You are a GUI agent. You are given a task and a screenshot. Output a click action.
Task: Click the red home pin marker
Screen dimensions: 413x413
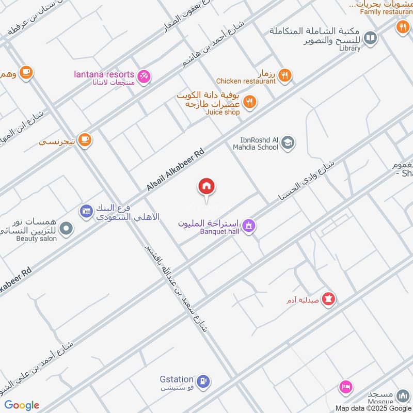click(x=207, y=186)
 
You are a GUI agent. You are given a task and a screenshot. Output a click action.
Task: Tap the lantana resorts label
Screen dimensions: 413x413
click(x=103, y=75)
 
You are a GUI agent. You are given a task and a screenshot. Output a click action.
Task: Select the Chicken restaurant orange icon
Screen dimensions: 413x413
click(x=284, y=76)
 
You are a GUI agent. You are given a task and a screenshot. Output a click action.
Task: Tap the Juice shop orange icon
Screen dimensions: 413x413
click(x=250, y=102)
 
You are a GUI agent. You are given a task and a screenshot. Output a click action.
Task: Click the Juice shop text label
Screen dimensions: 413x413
click(x=223, y=112)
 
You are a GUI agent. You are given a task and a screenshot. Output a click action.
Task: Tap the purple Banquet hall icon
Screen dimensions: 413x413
click(x=249, y=226)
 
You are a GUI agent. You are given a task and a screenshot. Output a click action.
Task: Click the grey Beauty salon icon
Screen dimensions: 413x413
click(x=66, y=228)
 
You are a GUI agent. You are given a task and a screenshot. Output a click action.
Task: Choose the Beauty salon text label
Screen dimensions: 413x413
click(x=36, y=238)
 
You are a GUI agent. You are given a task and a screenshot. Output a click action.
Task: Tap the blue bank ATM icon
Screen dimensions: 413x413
click(x=86, y=211)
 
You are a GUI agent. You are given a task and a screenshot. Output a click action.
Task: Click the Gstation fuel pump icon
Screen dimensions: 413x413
click(x=204, y=382)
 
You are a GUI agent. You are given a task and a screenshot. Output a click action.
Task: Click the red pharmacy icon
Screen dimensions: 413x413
click(x=328, y=298)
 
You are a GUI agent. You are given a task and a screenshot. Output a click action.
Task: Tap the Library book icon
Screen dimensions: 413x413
click(x=370, y=37)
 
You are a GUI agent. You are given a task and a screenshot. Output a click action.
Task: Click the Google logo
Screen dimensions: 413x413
click(x=22, y=405)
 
